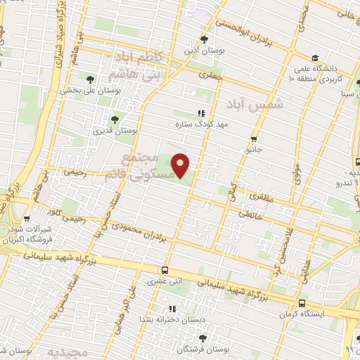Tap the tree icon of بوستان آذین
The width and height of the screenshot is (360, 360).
click(205, 39)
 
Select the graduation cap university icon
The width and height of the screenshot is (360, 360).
click(315, 58)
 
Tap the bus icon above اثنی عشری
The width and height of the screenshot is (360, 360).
click(165, 269)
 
